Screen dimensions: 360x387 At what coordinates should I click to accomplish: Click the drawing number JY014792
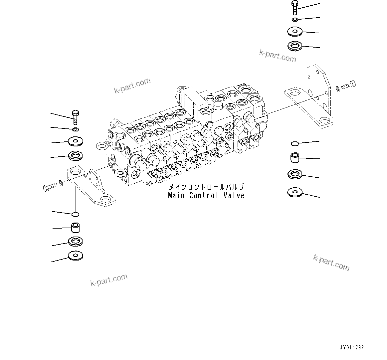point(351,347)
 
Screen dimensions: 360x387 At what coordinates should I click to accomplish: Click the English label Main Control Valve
point(206,196)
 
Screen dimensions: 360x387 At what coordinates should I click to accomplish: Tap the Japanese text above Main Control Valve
point(206,187)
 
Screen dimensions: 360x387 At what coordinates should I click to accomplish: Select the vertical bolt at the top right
point(295,7)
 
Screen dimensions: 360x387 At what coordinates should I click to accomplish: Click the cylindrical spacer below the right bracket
point(295,157)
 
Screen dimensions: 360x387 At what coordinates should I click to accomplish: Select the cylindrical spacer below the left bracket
point(76,228)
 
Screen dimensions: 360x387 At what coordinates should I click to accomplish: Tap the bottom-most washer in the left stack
point(76,256)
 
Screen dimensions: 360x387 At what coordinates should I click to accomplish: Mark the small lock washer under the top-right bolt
point(295,20)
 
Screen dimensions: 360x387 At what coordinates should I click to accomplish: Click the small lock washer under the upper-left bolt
point(76,129)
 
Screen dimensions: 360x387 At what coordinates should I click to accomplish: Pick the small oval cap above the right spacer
point(294,143)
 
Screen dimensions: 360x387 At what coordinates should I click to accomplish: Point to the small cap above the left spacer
point(76,214)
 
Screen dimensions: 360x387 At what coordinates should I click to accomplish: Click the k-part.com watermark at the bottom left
point(109,280)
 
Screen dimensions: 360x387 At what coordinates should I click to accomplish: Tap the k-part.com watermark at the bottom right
point(331,263)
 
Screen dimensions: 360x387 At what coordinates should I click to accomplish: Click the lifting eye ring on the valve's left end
point(101,145)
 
